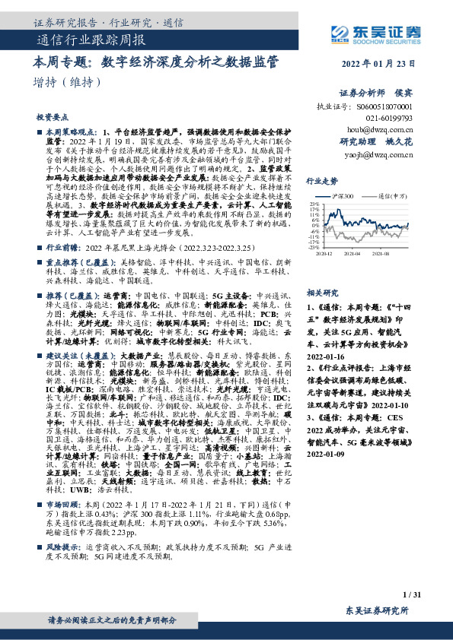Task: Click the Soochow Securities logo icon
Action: point(341,32)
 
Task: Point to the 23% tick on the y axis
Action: point(314,204)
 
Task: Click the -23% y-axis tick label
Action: point(312,247)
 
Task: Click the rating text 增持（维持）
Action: point(59,81)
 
